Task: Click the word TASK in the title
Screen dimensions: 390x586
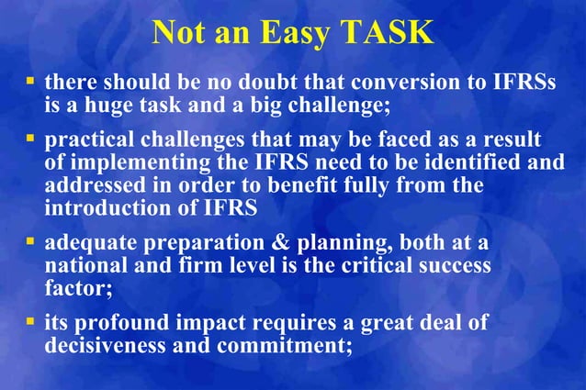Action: (x=387, y=33)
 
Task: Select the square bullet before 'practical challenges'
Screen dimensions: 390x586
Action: (x=29, y=140)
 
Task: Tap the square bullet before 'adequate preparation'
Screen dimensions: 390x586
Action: (x=29, y=244)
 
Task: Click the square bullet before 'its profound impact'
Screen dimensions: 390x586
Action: (x=29, y=323)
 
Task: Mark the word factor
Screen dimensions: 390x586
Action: (x=73, y=287)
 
